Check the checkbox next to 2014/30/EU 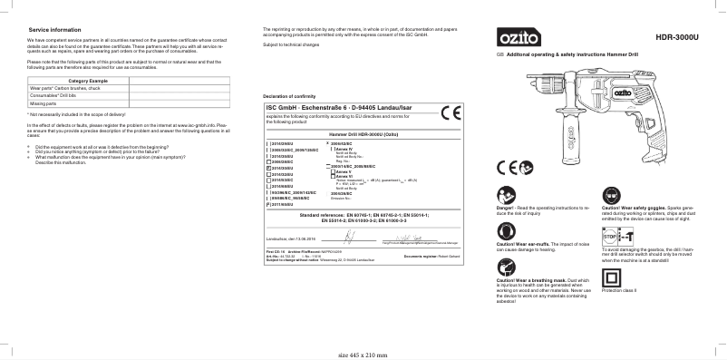(267, 169)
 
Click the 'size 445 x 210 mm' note (362, 354)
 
